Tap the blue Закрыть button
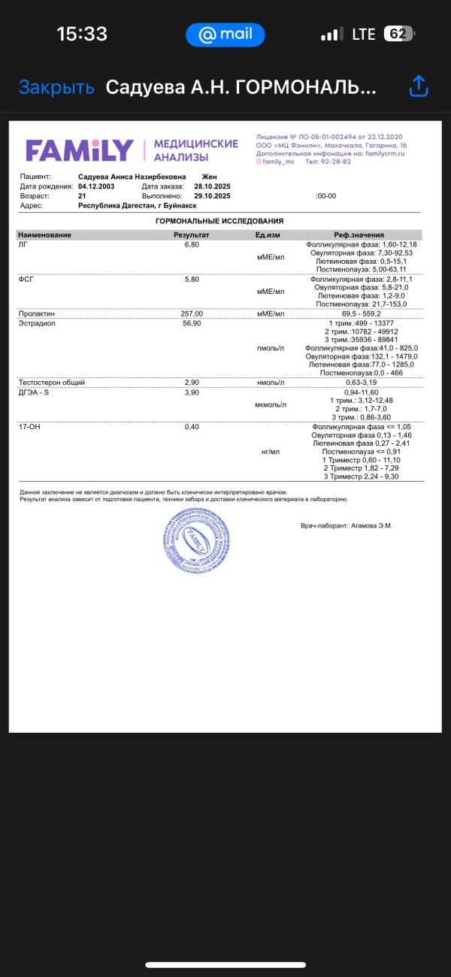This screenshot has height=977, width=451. (56, 87)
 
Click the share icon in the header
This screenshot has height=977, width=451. (418, 86)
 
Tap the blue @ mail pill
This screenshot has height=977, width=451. (225, 34)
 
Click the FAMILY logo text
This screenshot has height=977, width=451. (80, 150)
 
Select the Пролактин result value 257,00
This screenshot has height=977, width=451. (192, 313)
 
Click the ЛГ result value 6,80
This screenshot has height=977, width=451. (192, 245)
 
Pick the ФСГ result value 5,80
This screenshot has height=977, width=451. (192, 279)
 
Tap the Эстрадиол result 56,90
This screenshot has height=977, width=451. (192, 323)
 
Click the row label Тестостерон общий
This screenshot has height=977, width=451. (51, 383)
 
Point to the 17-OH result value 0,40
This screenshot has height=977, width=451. (192, 426)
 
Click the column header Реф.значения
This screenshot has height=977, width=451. (359, 235)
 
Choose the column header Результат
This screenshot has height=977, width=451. (192, 235)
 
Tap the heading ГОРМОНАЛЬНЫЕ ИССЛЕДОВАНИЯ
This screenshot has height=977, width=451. (219, 221)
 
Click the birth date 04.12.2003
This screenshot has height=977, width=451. (96, 186)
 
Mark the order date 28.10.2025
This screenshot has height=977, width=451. (212, 186)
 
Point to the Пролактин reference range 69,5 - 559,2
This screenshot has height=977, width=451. (361, 313)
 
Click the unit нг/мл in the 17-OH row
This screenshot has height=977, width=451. (271, 452)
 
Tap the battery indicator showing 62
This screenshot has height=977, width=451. (399, 34)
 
